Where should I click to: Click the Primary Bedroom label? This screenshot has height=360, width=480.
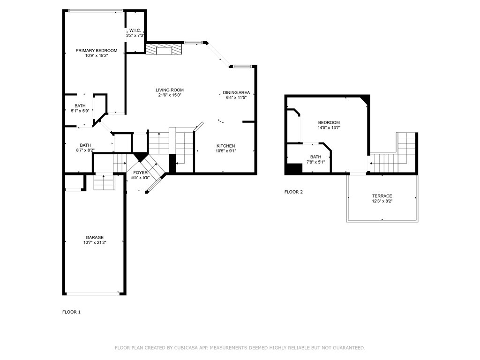[x=97, y=51]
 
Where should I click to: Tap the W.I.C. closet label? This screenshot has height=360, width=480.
[x=135, y=30]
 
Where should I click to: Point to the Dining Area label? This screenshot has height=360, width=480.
[x=236, y=92]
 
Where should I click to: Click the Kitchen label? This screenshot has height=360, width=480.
[x=226, y=146]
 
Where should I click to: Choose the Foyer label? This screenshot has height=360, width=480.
[x=141, y=172]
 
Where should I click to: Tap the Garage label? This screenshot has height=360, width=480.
[x=95, y=238]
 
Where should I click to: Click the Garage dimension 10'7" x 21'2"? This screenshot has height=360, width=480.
[x=95, y=242]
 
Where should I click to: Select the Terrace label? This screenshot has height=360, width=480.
[x=382, y=196]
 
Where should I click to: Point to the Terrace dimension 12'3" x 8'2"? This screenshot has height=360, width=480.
[x=382, y=201]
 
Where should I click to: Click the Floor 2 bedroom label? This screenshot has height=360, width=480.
[x=329, y=122]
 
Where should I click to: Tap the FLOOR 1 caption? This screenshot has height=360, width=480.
[x=71, y=312]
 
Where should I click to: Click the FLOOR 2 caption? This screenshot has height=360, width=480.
[x=293, y=192]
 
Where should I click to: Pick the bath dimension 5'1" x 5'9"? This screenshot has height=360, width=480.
[x=80, y=111]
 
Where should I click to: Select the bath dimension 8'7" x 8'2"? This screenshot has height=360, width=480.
[x=85, y=150]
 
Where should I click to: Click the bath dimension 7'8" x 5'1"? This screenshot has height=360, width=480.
[x=315, y=162]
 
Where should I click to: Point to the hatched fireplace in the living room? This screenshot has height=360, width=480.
[x=164, y=49]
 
